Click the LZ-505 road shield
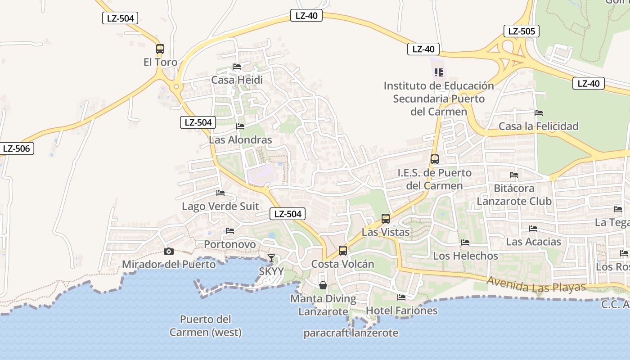pos(521,31)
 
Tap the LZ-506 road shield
pos(17,148)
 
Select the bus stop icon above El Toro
pos(160,49)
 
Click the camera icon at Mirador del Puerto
pos(169,251)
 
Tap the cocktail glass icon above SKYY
pos(271,258)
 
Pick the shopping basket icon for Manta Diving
pos(323,285)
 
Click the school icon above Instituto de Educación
pos(439,72)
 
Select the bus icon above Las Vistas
pos(386,219)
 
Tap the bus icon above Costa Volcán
pos(343,251)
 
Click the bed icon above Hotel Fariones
pos(401,297)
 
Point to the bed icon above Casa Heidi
pos(237,67)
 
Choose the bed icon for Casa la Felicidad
pos(539,112)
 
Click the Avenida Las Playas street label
pos(536,284)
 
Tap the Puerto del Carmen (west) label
pos(206,326)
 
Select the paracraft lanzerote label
pos(351,333)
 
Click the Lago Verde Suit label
pos(220,206)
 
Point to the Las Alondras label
pos(240,139)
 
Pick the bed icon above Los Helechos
pos(465,242)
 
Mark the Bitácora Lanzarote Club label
pos(514,194)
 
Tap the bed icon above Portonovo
pos(230,231)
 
